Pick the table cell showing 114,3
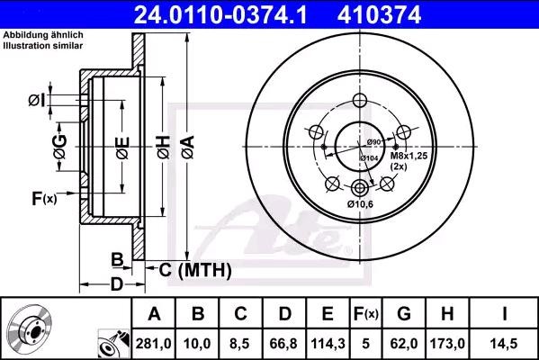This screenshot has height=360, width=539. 328,343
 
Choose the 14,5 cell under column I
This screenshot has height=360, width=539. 505,343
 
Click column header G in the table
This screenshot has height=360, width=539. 404,313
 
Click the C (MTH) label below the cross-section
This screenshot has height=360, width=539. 195,269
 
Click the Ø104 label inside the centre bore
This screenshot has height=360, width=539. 368,158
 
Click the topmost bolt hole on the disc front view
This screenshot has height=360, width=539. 361,101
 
